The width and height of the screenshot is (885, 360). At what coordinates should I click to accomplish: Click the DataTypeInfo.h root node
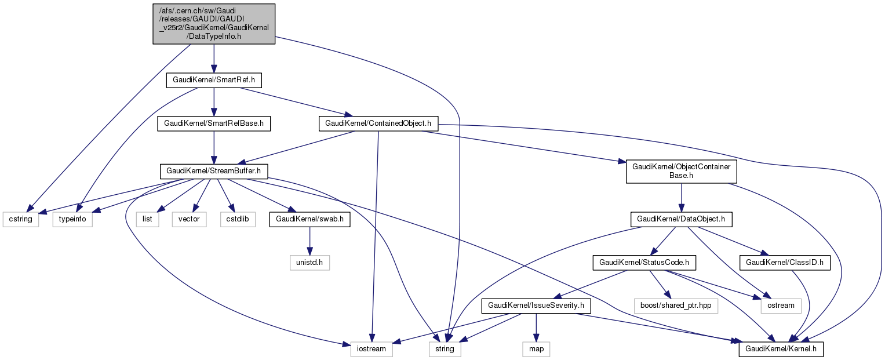coord(214,24)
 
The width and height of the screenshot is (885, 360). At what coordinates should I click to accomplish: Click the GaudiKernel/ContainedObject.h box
coord(378,123)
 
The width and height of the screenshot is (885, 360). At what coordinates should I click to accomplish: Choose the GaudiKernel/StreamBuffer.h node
coord(213,171)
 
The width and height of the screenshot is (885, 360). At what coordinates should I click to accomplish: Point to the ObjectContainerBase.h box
coord(681,171)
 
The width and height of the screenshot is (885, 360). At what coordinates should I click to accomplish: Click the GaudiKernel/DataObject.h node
coord(681,220)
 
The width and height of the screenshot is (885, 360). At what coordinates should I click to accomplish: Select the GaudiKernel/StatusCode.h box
coord(644,263)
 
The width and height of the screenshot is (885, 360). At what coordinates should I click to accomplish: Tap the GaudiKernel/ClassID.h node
coord(785,263)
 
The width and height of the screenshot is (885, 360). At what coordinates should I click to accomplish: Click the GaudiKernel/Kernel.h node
coord(781,349)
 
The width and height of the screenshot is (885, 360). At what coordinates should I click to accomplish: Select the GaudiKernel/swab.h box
coord(309,220)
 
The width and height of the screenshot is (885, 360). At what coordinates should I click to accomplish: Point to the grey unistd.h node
coord(309,263)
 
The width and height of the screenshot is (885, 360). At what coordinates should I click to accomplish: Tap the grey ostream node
coord(781,305)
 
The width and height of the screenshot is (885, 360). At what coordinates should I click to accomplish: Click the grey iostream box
coord(372,349)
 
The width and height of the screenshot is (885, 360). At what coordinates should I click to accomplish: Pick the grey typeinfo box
coord(72,220)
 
